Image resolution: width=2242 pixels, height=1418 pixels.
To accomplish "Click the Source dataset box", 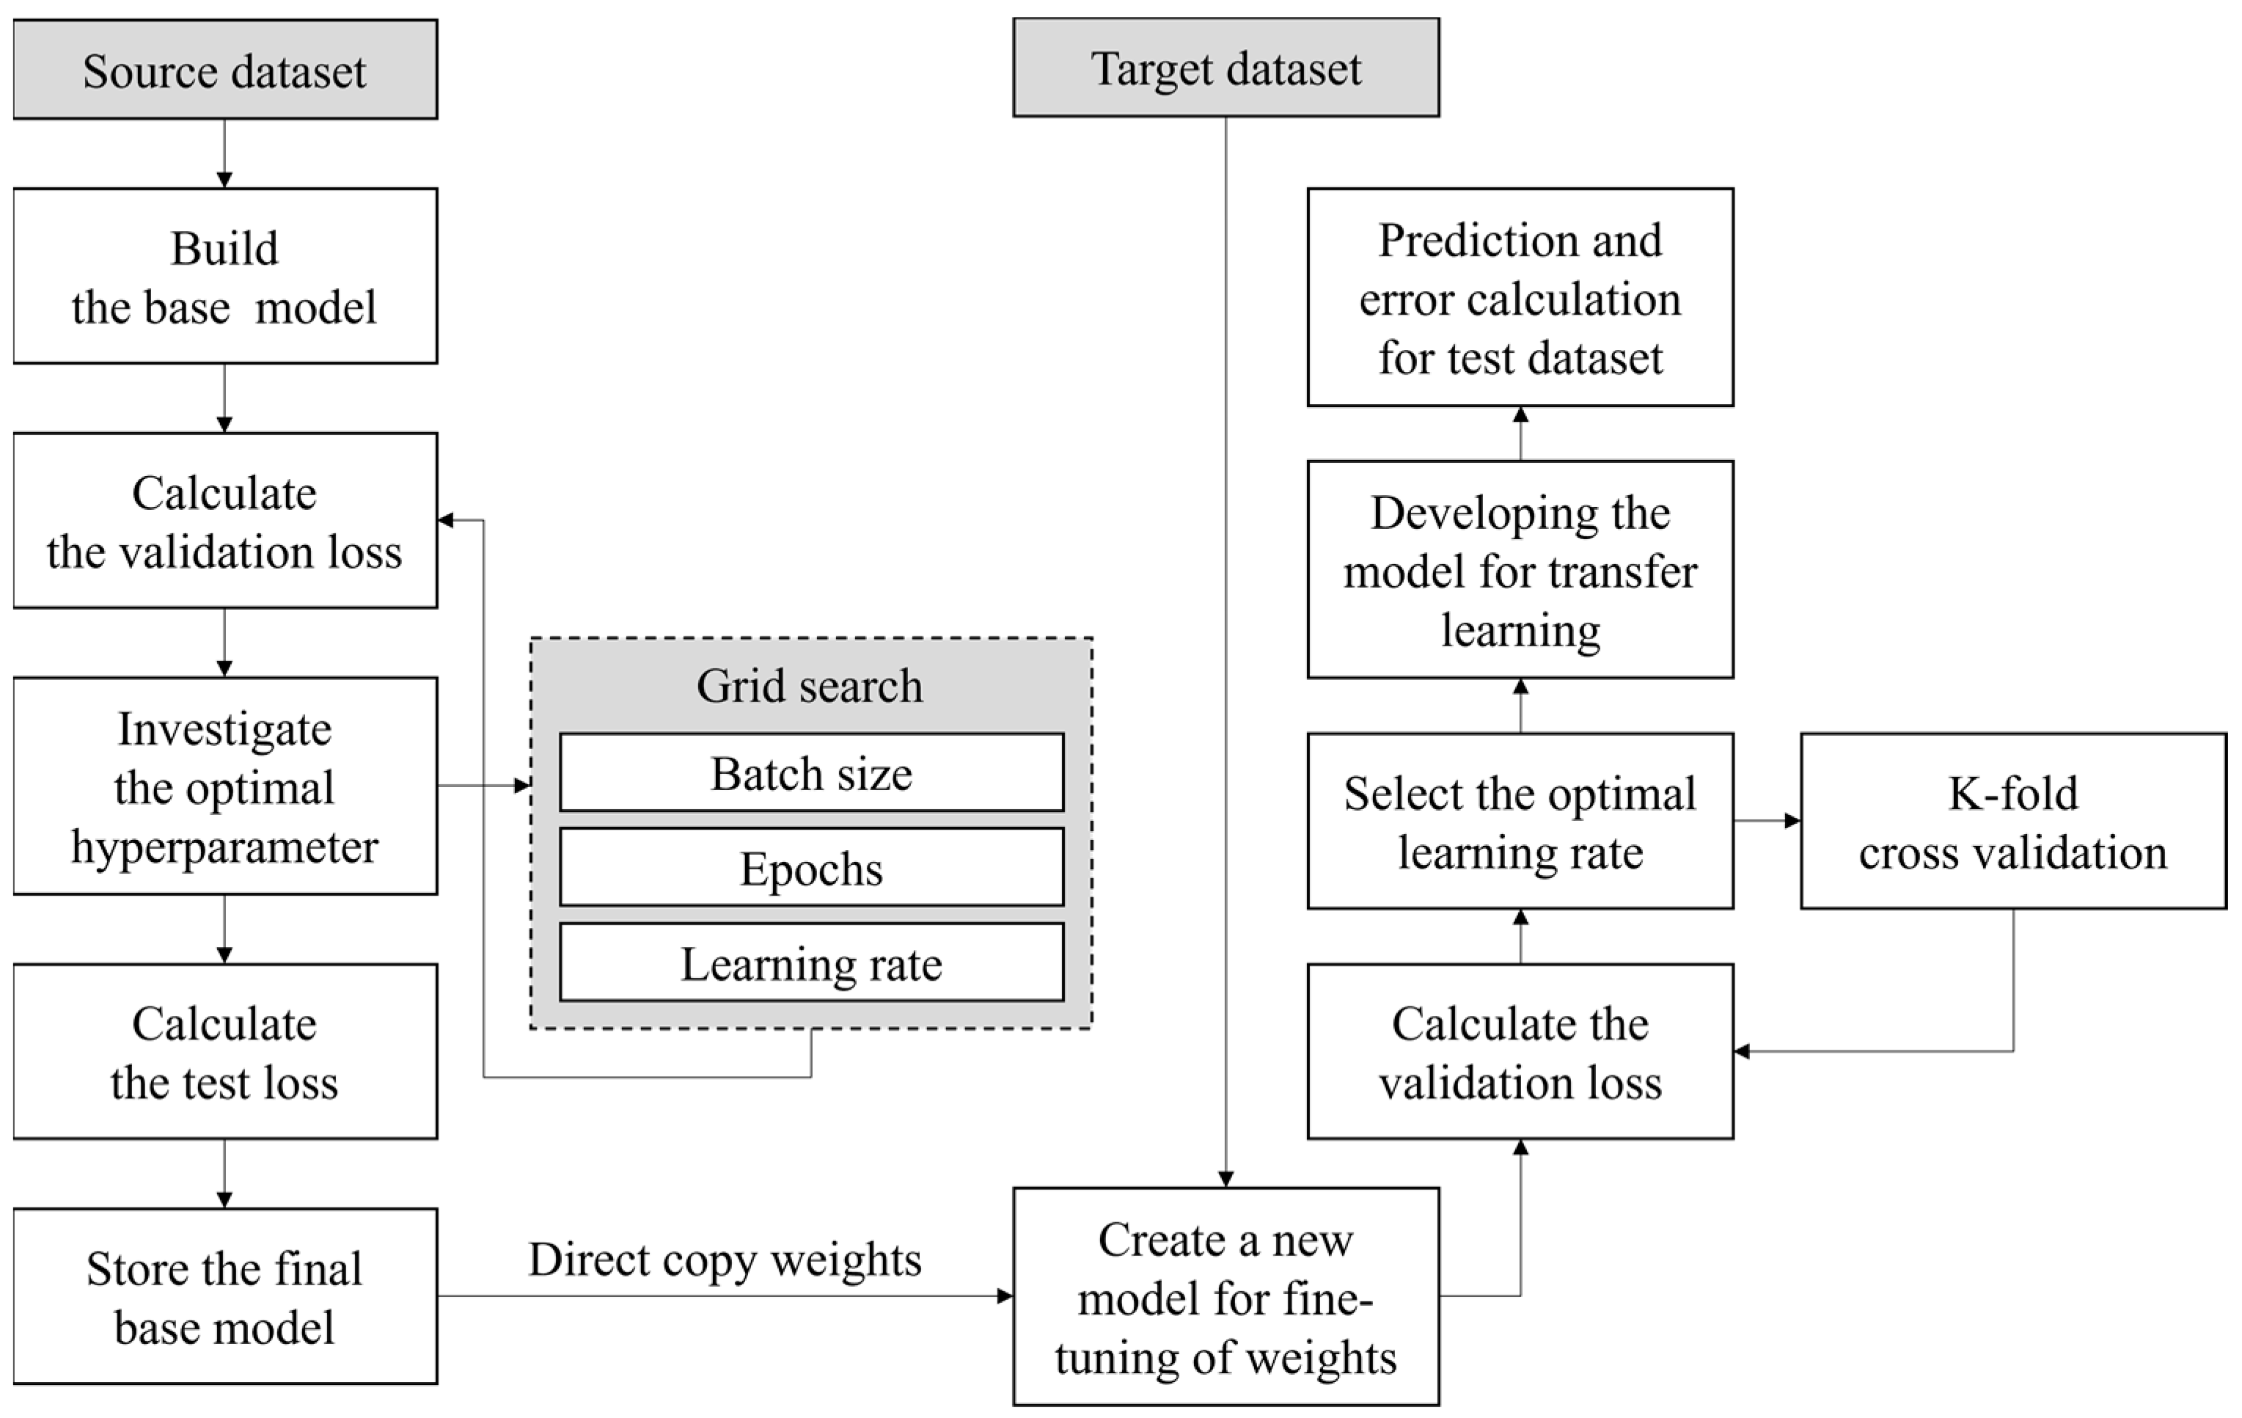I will [224, 70].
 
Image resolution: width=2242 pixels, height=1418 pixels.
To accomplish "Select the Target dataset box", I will [1226, 69].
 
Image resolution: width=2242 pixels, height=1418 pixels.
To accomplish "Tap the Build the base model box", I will [224, 277].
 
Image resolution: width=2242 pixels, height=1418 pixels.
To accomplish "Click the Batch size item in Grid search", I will [811, 772].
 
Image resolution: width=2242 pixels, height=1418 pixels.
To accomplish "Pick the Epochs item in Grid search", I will [811, 868].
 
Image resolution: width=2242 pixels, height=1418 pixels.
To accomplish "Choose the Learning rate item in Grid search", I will [811, 962].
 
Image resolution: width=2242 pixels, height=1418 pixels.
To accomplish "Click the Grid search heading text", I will [810, 686].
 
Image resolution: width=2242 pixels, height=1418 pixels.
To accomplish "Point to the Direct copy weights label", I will [725, 1260].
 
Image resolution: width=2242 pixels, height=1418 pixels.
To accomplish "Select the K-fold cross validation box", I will [2013, 821].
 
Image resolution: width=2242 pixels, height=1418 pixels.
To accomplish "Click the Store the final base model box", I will [224, 1296].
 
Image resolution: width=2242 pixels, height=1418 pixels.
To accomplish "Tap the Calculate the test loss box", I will [224, 1052].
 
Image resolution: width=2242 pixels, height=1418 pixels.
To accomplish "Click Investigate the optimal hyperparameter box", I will [224, 786].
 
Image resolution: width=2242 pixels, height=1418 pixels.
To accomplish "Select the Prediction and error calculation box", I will [1520, 298].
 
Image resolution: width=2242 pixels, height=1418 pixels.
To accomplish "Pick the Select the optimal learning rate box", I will [1520, 821].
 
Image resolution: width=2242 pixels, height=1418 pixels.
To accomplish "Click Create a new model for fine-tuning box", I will [1226, 1297].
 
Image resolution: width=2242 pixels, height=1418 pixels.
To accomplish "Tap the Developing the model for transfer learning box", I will [1520, 570].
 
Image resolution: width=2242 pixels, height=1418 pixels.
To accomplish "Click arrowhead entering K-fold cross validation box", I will [1792, 821].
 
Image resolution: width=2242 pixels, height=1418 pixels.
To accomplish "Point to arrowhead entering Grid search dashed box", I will [522, 786].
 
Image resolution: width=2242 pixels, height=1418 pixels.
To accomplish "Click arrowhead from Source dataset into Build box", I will [224, 180].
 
